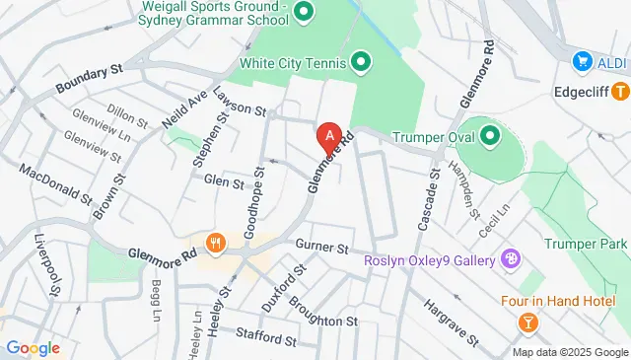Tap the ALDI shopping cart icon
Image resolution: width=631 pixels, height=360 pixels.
click(583, 62)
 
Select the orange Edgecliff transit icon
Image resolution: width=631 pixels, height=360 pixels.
click(619, 92)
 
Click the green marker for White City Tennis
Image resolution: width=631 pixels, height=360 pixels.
click(362, 64)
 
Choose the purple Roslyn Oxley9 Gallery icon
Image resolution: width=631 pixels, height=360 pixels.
click(511, 260)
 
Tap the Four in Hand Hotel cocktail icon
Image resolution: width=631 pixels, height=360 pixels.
click(528, 322)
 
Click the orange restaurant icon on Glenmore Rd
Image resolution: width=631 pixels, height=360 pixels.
click(213, 243)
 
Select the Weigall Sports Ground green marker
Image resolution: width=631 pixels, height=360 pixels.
click(304, 13)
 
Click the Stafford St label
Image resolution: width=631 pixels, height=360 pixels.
click(262, 341)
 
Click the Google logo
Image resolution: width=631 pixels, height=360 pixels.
click(33, 348)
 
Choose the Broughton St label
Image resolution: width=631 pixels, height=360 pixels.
click(323, 322)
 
